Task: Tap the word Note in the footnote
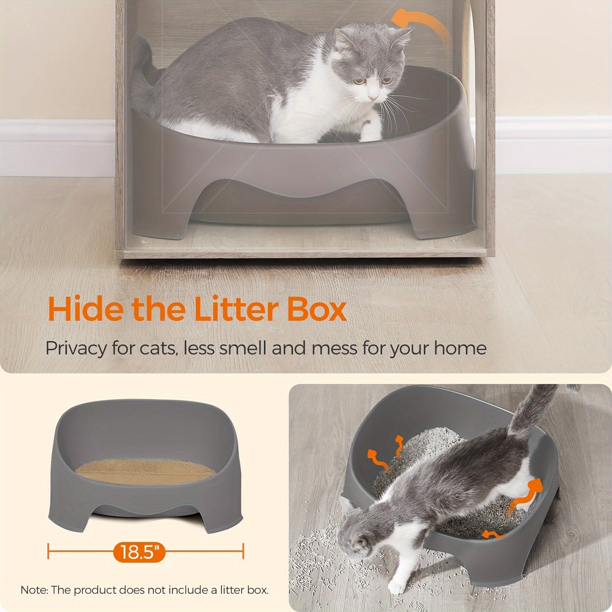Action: [33, 590]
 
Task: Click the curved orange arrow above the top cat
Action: [421, 25]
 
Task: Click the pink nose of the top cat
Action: [372, 98]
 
